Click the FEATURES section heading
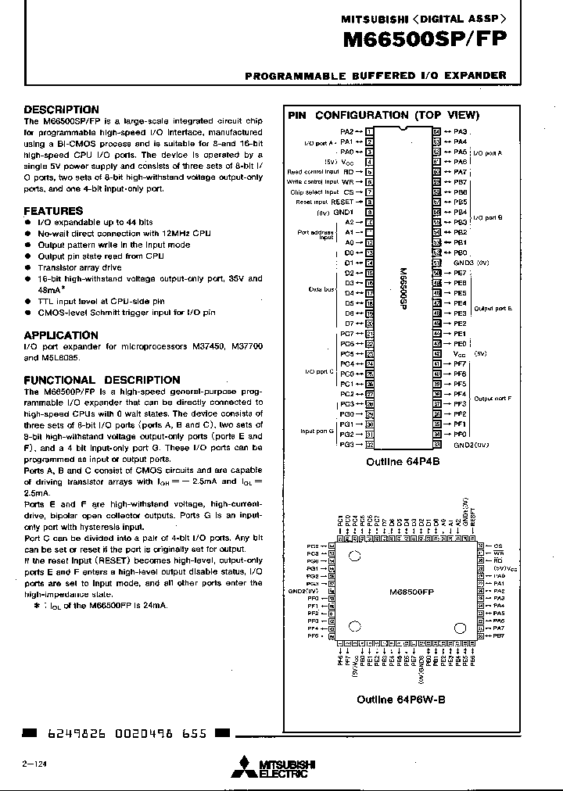53,211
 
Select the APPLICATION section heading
61,335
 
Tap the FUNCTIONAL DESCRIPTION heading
102,380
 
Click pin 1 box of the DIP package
369,132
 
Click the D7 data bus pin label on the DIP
350,323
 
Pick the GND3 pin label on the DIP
464,263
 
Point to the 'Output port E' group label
493,309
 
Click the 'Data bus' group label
321,288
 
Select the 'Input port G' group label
317,431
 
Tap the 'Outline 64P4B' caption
403,462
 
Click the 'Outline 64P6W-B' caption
401,700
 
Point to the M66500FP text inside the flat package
411,592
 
